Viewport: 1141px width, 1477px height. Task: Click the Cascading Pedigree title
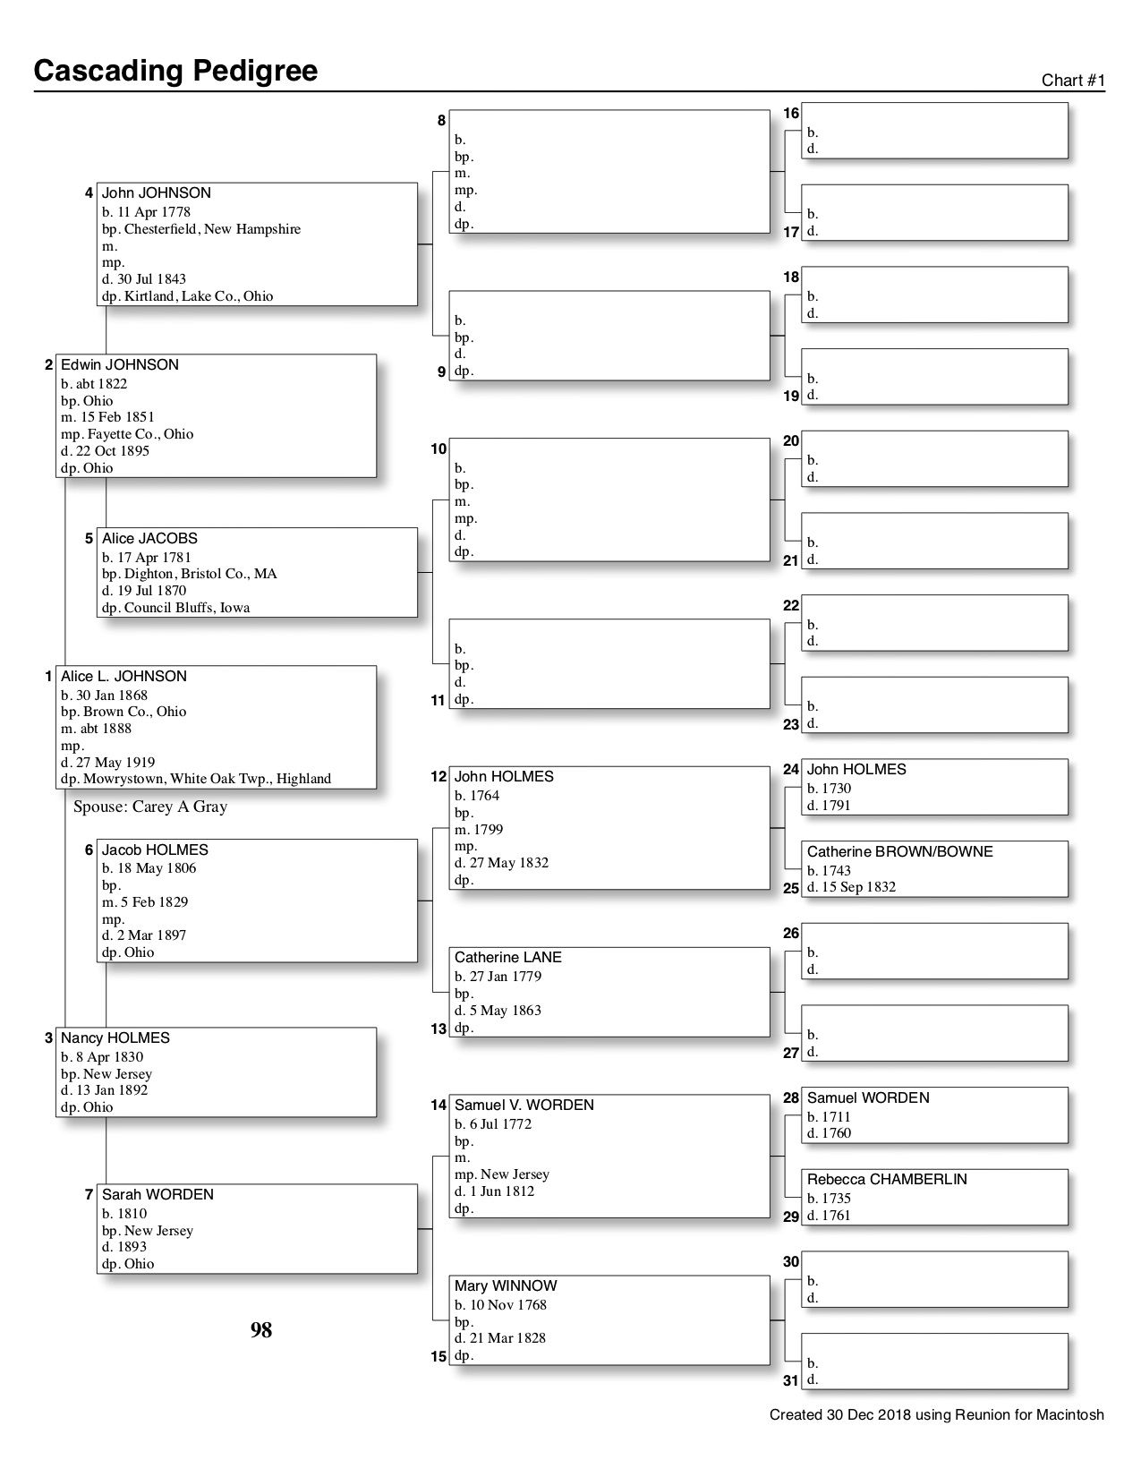[175, 71]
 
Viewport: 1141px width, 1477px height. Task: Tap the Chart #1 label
[1073, 81]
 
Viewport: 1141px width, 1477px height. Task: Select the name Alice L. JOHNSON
[123, 677]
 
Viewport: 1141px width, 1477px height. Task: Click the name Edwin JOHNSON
[120, 365]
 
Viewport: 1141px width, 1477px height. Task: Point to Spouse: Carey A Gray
[150, 807]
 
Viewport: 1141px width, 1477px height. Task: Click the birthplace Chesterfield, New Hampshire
[212, 229]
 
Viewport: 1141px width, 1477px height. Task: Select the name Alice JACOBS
[149, 539]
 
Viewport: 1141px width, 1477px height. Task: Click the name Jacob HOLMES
[155, 850]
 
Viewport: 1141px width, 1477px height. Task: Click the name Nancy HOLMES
[115, 1038]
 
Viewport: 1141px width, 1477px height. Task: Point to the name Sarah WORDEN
[158, 1195]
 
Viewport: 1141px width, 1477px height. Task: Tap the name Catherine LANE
[508, 958]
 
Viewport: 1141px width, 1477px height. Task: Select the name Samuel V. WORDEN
[524, 1106]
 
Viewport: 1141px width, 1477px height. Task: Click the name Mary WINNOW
[506, 1286]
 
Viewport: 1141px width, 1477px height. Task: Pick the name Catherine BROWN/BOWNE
[900, 852]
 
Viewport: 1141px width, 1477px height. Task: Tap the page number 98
[261, 1331]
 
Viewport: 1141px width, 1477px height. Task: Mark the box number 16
[791, 114]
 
